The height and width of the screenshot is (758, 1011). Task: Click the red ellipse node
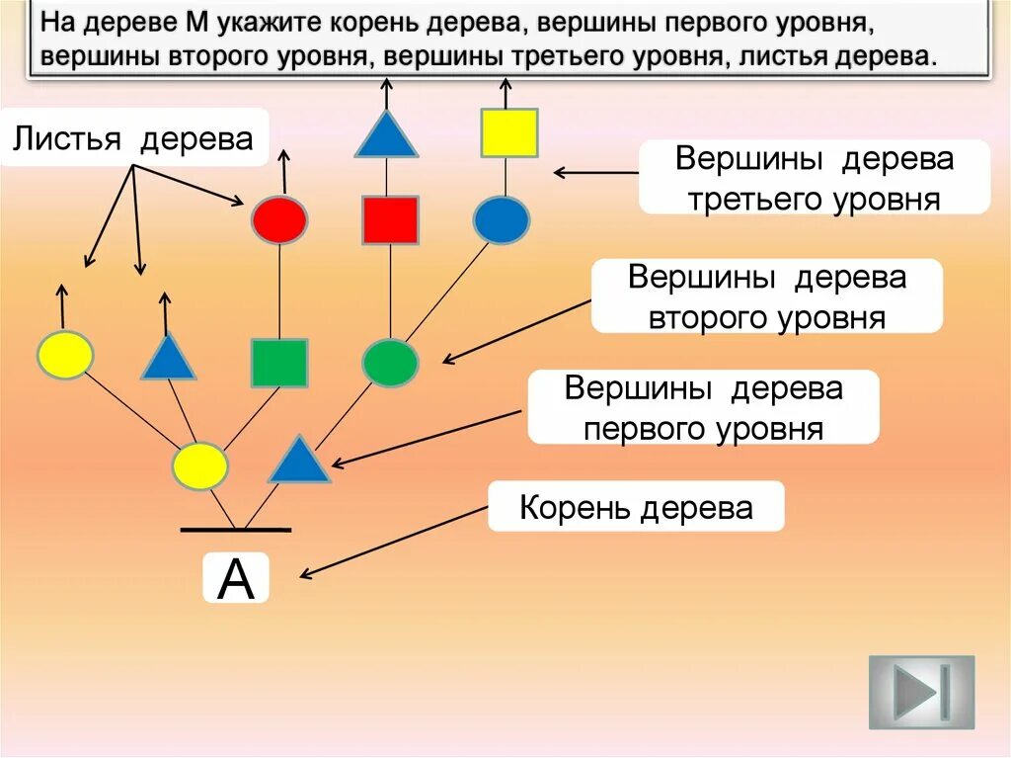click(279, 219)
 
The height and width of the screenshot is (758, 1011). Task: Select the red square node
click(390, 219)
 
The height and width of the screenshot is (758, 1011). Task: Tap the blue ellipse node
click(502, 219)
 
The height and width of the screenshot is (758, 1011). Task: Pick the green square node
click(279, 363)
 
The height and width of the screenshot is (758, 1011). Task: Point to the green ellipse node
click(390, 363)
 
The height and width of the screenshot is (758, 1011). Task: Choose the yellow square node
click(508, 133)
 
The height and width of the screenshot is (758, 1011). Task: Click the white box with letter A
click(236, 579)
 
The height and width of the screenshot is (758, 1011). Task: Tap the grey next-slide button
click(921, 692)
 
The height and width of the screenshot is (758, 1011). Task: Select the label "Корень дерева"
click(636, 508)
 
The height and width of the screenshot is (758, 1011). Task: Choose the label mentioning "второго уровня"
click(766, 296)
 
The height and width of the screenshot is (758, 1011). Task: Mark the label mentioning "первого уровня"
click(703, 407)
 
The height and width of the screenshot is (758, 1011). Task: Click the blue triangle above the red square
click(386, 136)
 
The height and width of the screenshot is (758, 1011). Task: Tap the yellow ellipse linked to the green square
click(200, 466)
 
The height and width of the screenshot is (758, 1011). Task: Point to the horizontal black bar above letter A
click(236, 530)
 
